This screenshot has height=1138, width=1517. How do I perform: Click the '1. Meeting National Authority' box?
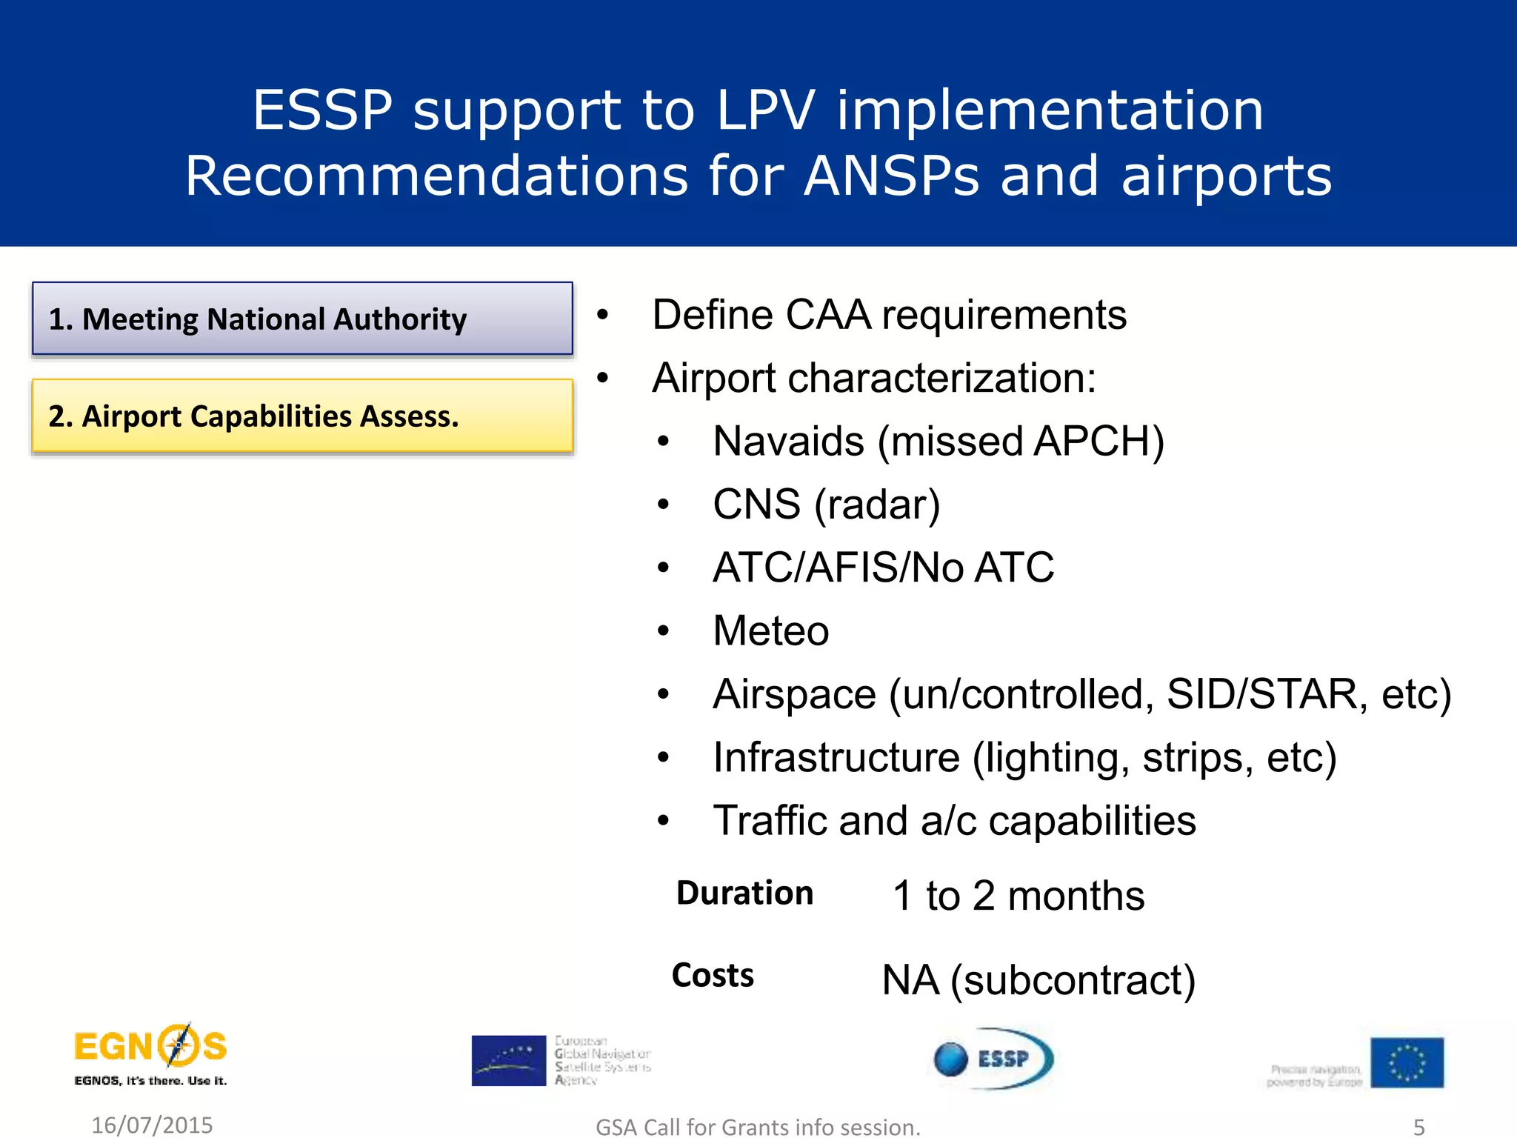pos(302,319)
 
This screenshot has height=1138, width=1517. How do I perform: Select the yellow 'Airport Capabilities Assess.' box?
pos(302,416)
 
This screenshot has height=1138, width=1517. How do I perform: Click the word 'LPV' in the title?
pos(765,110)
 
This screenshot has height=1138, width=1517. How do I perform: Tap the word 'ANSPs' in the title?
pos(892,176)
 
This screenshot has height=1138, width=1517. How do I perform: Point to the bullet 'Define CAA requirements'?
pos(889,315)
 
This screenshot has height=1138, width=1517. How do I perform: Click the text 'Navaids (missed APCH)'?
pos(938,442)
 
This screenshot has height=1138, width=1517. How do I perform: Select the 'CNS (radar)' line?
pos(826,505)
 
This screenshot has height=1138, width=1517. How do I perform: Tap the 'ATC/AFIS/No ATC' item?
pos(883,568)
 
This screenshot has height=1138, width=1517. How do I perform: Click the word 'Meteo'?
pos(770,631)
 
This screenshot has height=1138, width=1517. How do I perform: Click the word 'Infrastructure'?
pos(836,758)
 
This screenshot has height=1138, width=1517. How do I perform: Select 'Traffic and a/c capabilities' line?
pos(954,821)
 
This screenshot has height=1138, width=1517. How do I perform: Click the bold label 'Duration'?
pos(744,893)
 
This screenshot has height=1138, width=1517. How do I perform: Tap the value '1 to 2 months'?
pos(1018,896)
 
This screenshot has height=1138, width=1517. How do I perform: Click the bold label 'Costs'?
pos(713,975)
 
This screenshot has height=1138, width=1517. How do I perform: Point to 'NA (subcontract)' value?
pos(1038,980)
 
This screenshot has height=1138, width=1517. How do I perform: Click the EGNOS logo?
pos(150,1054)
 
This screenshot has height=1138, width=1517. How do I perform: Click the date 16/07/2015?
pos(152,1125)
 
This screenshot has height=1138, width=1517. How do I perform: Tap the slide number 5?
pos(1418,1127)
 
